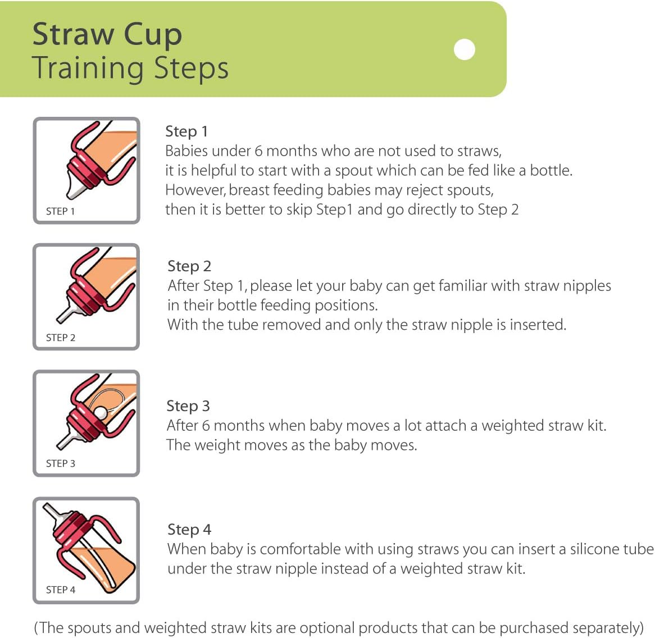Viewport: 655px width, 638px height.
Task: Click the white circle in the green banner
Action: click(x=464, y=49)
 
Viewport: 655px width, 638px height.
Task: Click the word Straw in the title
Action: click(x=73, y=34)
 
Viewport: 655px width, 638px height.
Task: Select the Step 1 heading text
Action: click(x=187, y=131)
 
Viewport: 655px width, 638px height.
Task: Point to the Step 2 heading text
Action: click(x=189, y=266)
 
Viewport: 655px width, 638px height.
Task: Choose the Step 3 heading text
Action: click(x=188, y=406)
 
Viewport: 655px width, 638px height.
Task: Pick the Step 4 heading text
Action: click(x=189, y=530)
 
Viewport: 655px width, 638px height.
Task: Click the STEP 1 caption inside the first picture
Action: click(x=60, y=211)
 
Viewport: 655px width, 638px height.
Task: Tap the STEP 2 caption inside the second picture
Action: click(x=60, y=338)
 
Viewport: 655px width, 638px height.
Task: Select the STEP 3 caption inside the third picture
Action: click(x=60, y=463)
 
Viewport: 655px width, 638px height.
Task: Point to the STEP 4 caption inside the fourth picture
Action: click(x=60, y=590)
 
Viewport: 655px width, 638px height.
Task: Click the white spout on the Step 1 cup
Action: click(x=75, y=185)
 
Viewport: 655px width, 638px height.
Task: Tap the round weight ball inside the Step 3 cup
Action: click(x=101, y=413)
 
